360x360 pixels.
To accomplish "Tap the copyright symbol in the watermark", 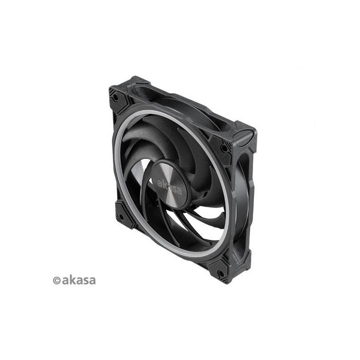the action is pyautogui.click(x=57, y=280).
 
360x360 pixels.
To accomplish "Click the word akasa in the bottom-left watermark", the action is pyautogui.click(x=78, y=279).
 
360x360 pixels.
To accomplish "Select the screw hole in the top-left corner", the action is pyautogui.click(x=116, y=97).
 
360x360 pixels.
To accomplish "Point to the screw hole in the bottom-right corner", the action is pyautogui.click(x=220, y=274).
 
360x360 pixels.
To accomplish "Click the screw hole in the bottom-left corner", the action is pyautogui.click(x=120, y=216).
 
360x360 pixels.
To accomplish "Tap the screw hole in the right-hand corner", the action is pyautogui.click(x=224, y=148).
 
